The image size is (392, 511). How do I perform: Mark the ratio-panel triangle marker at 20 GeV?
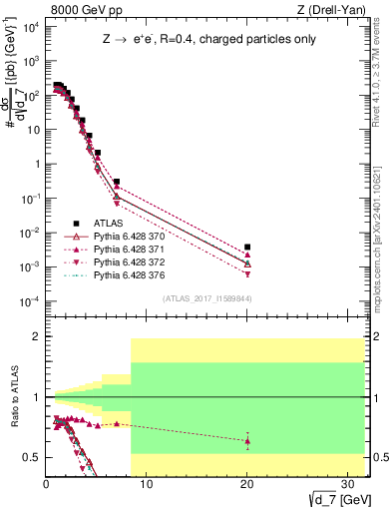click(x=247, y=440)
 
